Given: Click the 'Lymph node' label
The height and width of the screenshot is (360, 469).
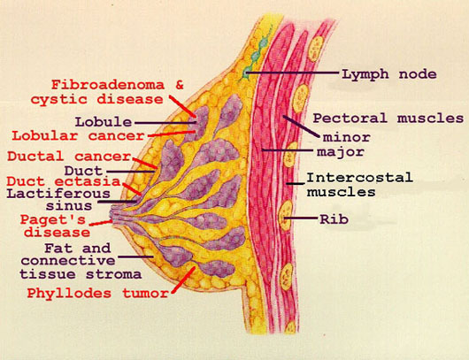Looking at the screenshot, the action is (389, 73).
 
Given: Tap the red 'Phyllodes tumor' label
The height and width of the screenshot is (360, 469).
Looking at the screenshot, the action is (98, 293).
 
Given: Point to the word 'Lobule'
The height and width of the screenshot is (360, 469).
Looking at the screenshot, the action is (104, 122).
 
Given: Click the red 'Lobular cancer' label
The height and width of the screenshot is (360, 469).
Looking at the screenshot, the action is (78, 136).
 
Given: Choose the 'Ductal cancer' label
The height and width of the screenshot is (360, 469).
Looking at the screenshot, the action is (69, 156).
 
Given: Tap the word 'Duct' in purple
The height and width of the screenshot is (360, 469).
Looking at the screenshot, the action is (83, 171).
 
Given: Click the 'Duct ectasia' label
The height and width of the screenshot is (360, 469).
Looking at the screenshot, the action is (64, 181).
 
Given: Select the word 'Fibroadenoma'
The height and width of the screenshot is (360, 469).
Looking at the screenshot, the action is (108, 85).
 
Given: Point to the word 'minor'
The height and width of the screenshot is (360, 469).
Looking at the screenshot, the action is (347, 137).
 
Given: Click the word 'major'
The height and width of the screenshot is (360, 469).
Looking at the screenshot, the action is (341, 151).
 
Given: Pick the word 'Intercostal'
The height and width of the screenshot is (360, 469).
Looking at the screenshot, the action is (359, 178).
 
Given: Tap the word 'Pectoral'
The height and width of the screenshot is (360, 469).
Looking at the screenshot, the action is (350, 119).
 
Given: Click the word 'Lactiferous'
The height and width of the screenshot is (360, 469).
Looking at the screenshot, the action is (58, 194).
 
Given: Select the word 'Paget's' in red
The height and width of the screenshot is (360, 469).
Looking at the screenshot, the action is (52, 220).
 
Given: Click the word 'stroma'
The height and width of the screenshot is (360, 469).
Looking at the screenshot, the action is (113, 274).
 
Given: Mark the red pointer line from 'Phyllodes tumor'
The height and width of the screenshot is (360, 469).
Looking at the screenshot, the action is (183, 280).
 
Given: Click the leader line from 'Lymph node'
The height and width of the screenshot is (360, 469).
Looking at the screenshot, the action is (292, 73).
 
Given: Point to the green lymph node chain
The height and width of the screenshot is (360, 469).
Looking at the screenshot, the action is (257, 54).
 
